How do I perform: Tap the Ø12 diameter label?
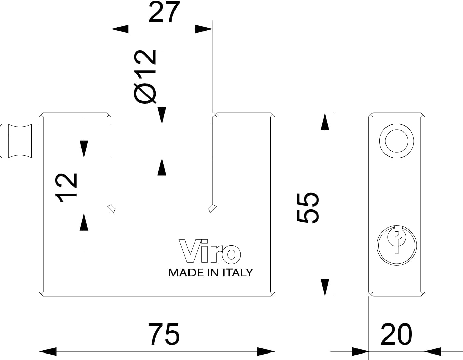click(145, 77)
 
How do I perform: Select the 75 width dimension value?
click(164, 334)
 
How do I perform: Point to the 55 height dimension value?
click(308, 207)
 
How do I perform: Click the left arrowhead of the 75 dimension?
click(48, 351)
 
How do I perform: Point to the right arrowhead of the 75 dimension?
click(266, 351)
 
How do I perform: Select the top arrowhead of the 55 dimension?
click(325, 121)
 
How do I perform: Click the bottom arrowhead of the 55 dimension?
click(325, 287)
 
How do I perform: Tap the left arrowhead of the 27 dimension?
click(120, 29)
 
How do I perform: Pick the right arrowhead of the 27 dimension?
click(204, 29)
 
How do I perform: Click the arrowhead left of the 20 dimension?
click(360, 351)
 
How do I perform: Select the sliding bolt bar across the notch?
click(162, 141)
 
